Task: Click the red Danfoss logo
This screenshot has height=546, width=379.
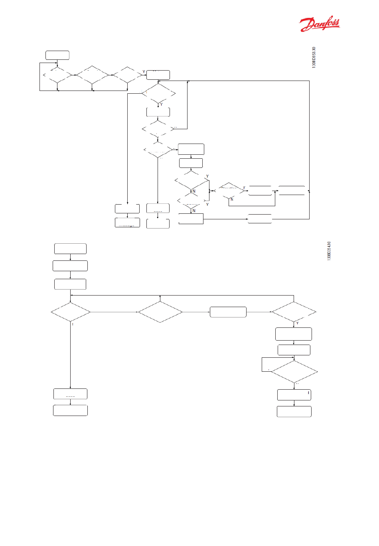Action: [320, 24]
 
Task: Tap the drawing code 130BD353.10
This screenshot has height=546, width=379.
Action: [314, 57]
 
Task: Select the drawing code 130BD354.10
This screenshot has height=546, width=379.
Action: [329, 251]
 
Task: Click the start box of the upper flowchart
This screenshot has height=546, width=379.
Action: [57, 55]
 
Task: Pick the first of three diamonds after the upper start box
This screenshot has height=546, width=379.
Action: [57, 75]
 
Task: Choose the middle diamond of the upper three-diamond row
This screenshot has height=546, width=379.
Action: [92, 75]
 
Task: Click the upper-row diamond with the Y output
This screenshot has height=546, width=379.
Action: [127, 75]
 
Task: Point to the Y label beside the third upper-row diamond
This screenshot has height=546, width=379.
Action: [144, 72]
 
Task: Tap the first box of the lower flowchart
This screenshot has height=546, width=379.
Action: [70, 248]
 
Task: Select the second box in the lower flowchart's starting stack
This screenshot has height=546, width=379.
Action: [70, 266]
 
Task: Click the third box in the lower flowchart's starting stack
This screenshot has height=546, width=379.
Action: [70, 284]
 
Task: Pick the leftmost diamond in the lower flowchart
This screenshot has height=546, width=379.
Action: [71, 312]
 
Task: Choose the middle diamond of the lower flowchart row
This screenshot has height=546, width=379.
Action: [160, 312]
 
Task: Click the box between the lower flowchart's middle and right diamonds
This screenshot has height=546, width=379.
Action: [228, 312]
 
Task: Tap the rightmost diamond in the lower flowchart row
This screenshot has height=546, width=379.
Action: [294, 312]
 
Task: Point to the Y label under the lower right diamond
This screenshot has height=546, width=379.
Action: [297, 323]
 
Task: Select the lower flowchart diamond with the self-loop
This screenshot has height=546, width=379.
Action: [294, 372]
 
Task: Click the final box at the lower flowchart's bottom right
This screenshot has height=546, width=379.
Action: [294, 412]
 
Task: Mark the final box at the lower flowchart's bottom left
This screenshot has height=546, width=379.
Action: [70, 410]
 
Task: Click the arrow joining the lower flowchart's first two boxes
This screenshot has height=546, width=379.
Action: [70, 257]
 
